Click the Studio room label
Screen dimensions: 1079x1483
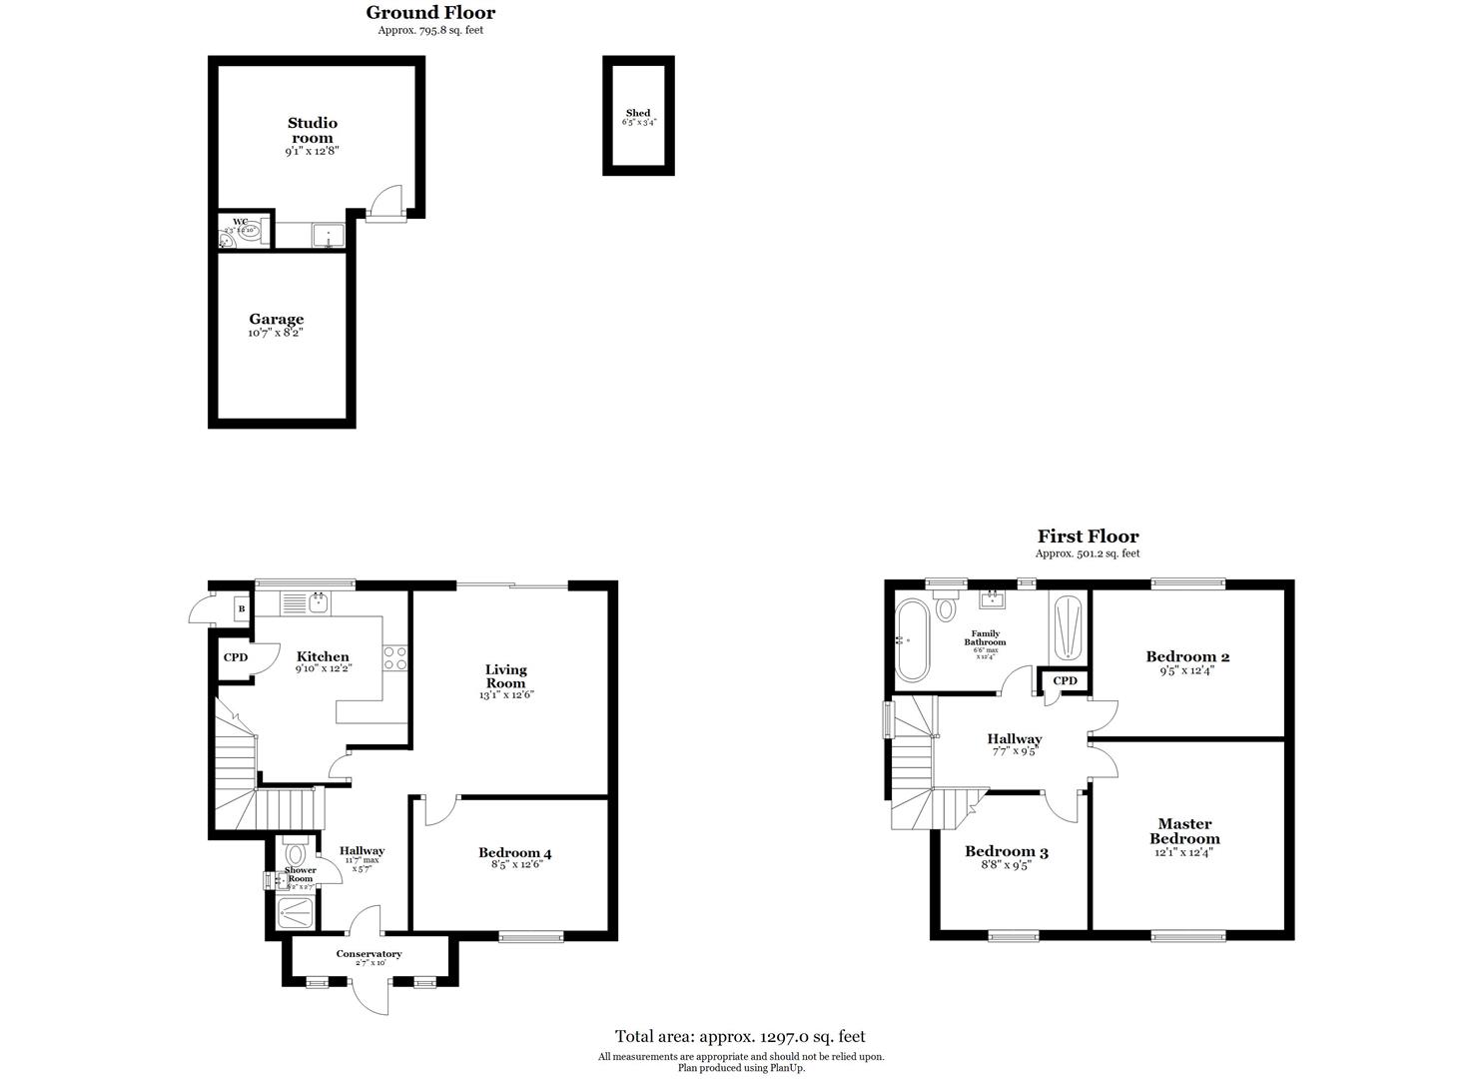(x=313, y=130)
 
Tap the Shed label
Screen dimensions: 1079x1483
(x=638, y=113)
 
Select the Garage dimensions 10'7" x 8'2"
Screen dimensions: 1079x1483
(x=276, y=333)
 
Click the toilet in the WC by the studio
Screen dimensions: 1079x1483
(x=247, y=235)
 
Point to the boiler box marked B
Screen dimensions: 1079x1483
(x=241, y=607)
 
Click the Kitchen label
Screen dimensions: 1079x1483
(x=323, y=656)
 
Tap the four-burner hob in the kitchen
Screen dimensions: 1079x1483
(x=395, y=657)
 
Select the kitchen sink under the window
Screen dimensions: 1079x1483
(x=319, y=601)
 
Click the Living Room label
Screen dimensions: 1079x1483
(x=506, y=676)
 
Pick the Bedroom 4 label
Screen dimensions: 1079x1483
(x=514, y=852)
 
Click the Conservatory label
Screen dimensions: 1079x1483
(x=369, y=953)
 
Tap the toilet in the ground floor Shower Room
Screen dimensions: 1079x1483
(x=295, y=854)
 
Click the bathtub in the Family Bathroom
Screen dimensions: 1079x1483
(x=912, y=640)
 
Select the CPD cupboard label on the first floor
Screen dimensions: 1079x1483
(x=1066, y=680)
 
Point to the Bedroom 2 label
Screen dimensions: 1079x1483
(x=1187, y=656)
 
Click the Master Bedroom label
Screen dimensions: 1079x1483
(x=1184, y=831)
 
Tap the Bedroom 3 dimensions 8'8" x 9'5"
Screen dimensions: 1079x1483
(x=1005, y=866)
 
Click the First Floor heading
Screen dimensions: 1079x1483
(x=1088, y=537)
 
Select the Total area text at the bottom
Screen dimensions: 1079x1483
(x=740, y=1036)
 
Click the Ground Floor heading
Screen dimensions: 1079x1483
(x=430, y=12)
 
